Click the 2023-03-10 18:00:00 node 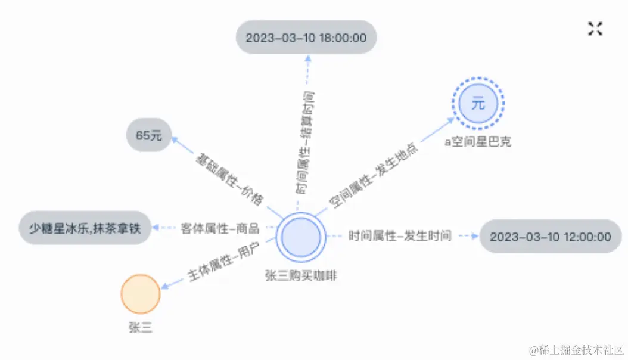306,38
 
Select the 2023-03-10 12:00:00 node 550,237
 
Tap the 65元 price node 148,135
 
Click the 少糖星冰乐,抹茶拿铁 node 85,228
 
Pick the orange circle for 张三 141,294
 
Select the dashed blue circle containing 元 478,104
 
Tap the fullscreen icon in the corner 595,29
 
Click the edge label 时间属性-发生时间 400,236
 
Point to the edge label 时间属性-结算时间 307,143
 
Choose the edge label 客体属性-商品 220,228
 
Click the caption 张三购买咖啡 301,275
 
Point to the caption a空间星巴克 478,142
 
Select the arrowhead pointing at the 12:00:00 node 475,236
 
